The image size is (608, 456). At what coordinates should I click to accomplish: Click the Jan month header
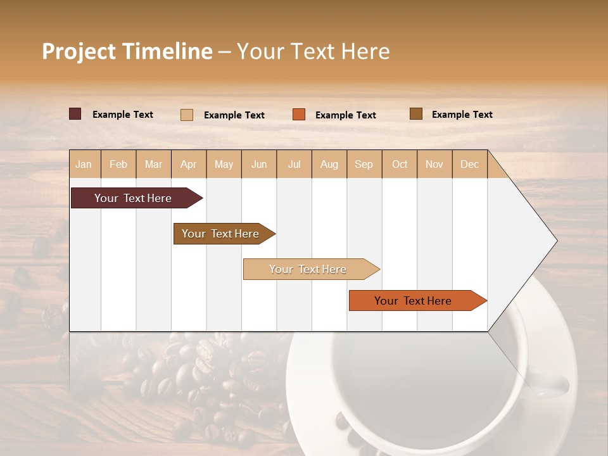84,164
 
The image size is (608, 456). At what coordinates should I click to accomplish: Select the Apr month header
188,164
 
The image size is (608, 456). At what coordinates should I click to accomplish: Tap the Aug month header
329,164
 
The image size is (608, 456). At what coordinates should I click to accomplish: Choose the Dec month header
469,164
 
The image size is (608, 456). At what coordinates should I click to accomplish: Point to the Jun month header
259,164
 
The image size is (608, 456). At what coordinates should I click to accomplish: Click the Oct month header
400,164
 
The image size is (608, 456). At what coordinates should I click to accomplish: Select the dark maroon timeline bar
133,198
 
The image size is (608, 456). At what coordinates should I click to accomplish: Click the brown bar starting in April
220,234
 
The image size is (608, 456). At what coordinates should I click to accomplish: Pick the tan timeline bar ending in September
308,269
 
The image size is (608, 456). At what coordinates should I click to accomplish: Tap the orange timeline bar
413,301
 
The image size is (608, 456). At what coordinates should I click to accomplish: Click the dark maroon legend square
75,114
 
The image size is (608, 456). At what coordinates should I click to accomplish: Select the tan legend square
186,115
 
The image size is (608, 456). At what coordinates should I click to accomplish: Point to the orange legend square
299,114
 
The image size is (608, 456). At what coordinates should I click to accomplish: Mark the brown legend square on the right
415,114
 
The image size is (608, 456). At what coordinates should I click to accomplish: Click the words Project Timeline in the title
127,51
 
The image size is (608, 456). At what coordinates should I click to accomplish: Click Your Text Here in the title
313,51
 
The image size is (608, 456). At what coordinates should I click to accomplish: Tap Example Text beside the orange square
345,115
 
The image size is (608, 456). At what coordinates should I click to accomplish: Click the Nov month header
434,164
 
